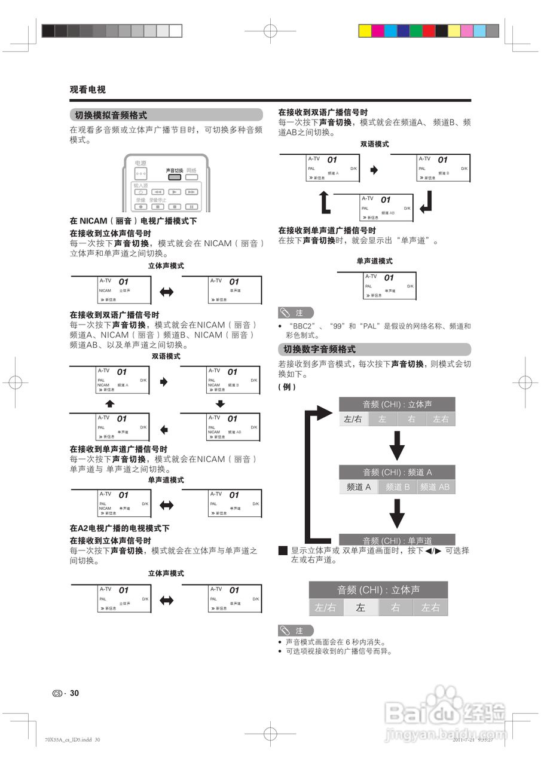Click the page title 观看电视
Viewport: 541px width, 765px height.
[87, 90]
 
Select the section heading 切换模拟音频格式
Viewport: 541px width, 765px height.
[111, 115]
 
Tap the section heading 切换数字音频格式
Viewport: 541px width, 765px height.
[319, 350]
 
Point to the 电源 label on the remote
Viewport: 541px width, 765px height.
[140, 163]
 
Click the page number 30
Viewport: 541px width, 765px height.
[75, 693]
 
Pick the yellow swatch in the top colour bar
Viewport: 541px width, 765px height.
[365, 30]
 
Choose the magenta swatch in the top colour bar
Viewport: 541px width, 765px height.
[378, 30]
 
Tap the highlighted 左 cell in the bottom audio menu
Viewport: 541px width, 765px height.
[360, 608]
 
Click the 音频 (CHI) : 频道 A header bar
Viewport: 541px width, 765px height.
[397, 472]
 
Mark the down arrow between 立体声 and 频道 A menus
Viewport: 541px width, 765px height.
[397, 445]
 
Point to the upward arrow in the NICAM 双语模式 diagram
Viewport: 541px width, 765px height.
[109, 404]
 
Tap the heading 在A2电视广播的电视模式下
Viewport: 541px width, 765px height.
[120, 528]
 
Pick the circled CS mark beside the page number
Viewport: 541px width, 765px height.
[57, 694]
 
